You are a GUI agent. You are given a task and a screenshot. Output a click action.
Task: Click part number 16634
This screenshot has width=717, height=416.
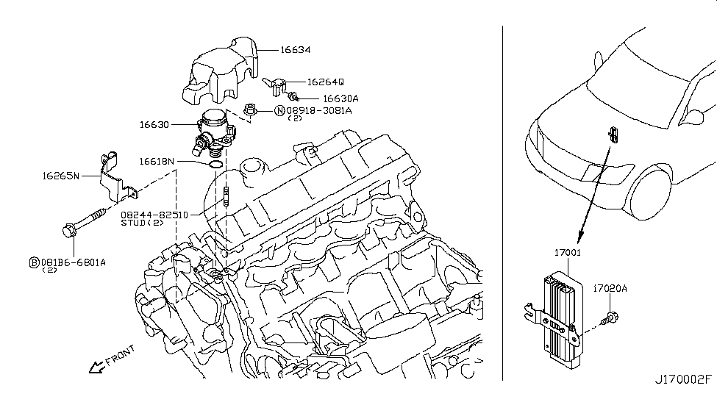pos(295,51)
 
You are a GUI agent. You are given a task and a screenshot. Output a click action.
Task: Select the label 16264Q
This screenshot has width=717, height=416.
pos(326,83)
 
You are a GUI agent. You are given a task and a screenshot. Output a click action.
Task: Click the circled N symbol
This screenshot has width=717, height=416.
pos(279,111)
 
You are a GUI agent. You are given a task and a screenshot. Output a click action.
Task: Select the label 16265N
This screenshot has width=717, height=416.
pos(62,176)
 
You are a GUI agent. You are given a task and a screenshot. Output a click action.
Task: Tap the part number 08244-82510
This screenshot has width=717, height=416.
pos(155,215)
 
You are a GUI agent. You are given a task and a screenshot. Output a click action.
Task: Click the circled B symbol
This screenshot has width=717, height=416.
pos(34,262)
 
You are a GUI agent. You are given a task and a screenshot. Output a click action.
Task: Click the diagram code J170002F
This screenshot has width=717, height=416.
pos(683,403)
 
